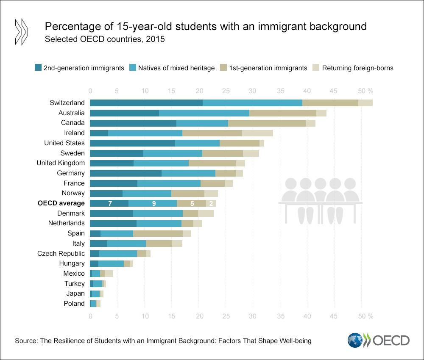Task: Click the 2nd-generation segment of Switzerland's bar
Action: tap(146, 103)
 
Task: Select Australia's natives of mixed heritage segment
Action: tap(204, 113)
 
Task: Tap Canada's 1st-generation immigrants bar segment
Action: tap(267, 123)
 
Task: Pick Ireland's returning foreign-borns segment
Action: tap(257, 133)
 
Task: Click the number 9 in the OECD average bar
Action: tap(154, 204)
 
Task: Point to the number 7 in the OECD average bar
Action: tap(110, 204)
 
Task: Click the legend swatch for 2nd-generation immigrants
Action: tap(38, 68)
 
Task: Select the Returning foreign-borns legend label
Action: tap(358, 68)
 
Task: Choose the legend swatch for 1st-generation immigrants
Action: tap(224, 68)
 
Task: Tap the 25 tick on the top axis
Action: tap(226, 91)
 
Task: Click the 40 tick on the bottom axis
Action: tap(307, 316)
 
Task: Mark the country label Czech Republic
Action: tap(61, 254)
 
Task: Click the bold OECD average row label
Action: tap(61, 203)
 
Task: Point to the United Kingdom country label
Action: tap(61, 163)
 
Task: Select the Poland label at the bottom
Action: tap(74, 304)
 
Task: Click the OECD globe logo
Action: tap(355, 341)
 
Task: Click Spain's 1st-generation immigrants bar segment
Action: tap(158, 233)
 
